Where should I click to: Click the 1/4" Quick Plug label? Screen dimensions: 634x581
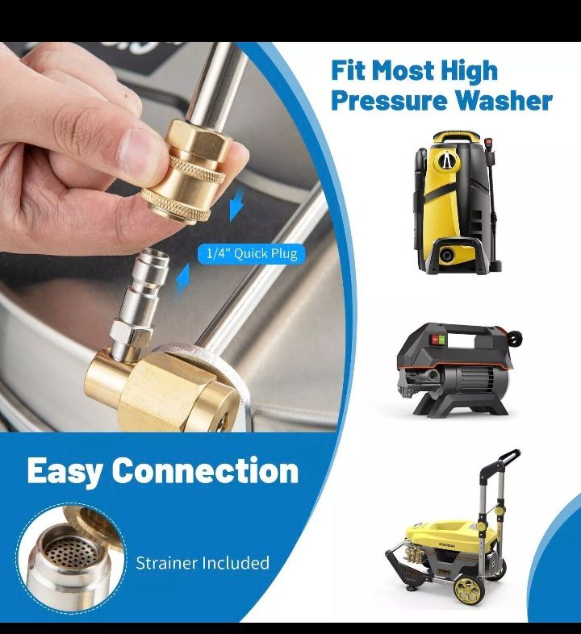(251, 253)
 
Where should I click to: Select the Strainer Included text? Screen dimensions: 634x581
(203, 562)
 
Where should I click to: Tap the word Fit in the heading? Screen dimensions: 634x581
(351, 70)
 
